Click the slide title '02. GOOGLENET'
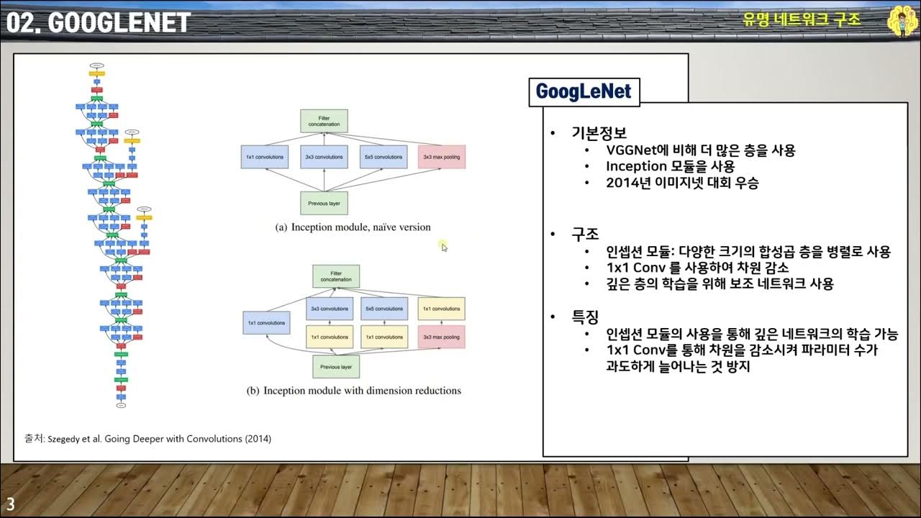[x=99, y=22]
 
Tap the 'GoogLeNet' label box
[x=584, y=91]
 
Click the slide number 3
[x=11, y=503]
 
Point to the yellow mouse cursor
[x=444, y=247]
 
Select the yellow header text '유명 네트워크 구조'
[x=802, y=19]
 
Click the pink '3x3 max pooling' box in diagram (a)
[x=441, y=157]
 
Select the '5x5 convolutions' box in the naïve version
[x=382, y=157]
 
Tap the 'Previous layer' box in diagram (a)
[x=324, y=204]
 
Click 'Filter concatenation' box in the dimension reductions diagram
[x=336, y=276]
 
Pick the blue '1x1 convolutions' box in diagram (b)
[x=266, y=323]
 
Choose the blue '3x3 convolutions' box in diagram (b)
[x=330, y=309]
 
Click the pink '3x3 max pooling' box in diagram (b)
[x=441, y=337]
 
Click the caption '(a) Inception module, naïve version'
[x=353, y=227]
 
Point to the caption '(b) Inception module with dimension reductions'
[x=353, y=391]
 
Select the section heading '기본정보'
[x=599, y=134]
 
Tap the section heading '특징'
[x=585, y=317]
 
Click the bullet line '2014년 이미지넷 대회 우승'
[x=682, y=183]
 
